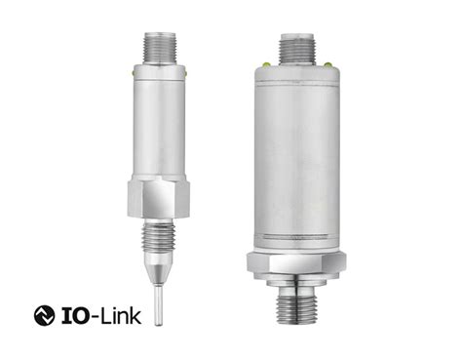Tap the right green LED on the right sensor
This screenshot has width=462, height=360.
(x=330, y=64)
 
